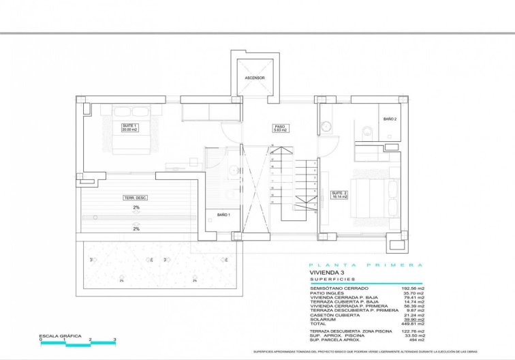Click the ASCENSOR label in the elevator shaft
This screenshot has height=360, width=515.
click(255, 78)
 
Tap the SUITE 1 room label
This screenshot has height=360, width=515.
click(130, 127)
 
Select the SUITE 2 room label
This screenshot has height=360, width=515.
click(339, 195)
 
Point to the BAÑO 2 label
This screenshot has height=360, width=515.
click(389, 119)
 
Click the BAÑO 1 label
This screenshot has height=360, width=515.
click(223, 215)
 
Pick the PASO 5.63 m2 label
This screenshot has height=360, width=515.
click(280, 128)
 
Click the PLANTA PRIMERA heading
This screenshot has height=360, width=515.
click(366, 265)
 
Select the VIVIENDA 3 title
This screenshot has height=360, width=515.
click(328, 272)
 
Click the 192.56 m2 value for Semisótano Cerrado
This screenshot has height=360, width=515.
click(413, 288)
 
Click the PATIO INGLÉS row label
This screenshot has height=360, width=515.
click(327, 292)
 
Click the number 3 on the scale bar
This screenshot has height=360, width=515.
click(114, 340)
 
